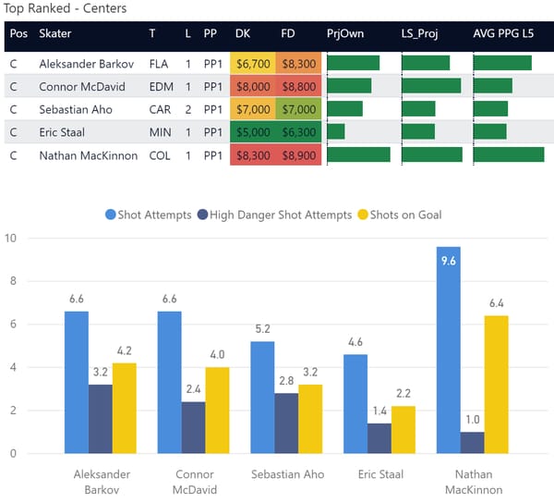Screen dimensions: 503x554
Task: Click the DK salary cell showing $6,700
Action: [252, 64]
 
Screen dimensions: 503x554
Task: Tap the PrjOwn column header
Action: [345, 33]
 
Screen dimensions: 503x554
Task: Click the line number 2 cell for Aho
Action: [187, 109]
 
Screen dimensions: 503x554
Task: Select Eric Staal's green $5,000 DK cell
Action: [252, 132]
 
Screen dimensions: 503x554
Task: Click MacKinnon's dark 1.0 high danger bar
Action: [472, 442]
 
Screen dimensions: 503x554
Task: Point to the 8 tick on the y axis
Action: [12, 281]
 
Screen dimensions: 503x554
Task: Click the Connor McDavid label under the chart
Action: [194, 481]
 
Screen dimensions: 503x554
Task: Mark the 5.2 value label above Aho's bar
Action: [261, 329]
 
